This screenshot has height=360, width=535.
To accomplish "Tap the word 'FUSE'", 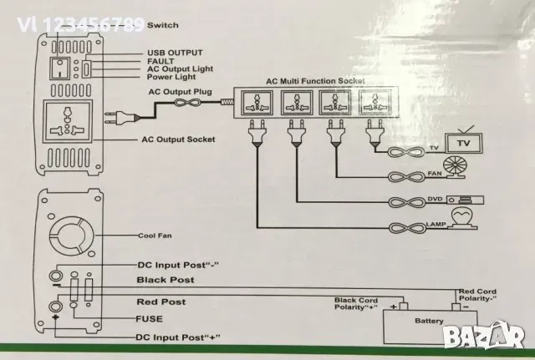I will point(148,318).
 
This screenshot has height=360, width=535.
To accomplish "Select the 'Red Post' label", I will point(160,301).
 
